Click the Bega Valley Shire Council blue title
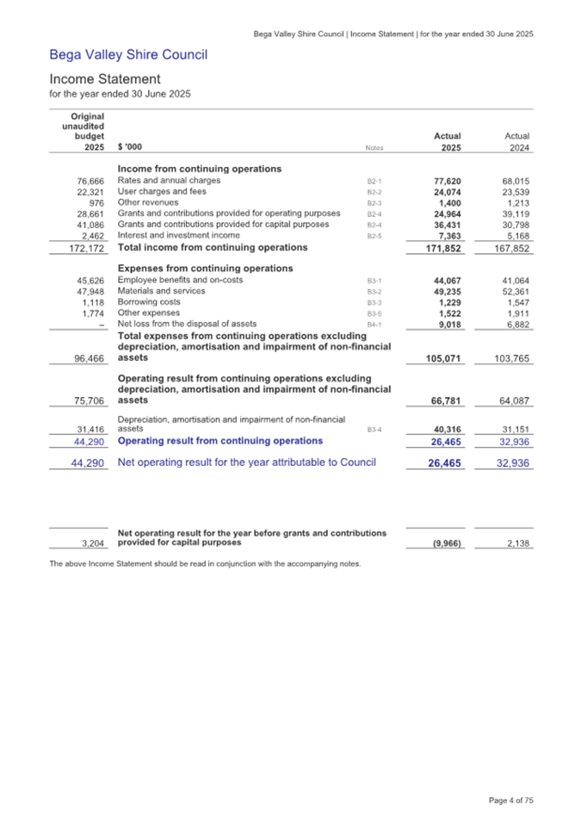[128, 56]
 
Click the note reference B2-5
[374, 235]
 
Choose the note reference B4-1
[374, 325]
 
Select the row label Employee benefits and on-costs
[180, 281]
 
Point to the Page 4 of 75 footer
[511, 801]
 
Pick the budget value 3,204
[90, 544]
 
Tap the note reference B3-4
[374, 428]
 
